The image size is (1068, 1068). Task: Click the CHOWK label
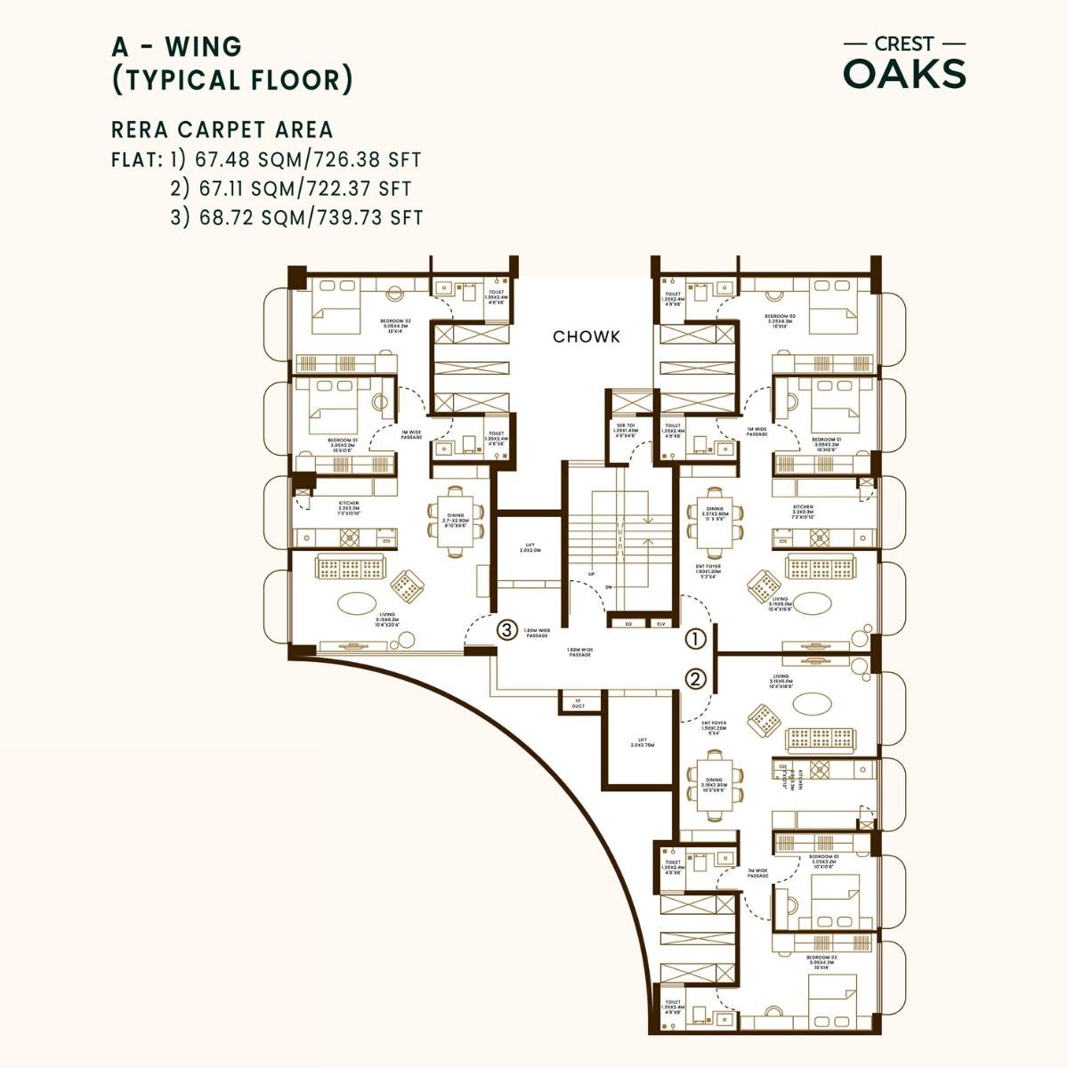pos(586,337)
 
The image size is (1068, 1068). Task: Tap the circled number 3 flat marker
pos(506,630)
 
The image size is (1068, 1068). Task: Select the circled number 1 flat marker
pos(696,639)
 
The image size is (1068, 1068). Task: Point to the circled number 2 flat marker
pos(696,679)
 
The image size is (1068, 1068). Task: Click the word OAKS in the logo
pos(904,75)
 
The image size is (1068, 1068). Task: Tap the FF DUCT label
pos(578,704)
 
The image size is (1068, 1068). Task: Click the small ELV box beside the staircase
pos(660,624)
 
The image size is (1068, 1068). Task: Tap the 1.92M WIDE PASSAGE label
pos(580,652)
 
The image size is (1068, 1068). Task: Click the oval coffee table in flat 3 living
pos(354,601)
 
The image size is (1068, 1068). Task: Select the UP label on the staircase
pos(591,574)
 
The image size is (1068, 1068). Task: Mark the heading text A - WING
pos(175,44)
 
